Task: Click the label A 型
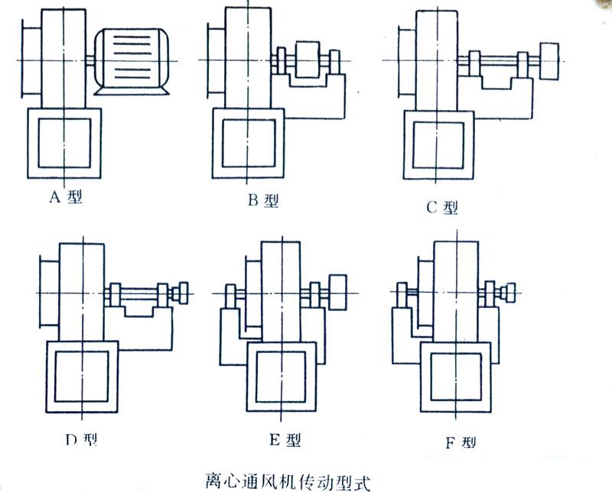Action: click(66, 197)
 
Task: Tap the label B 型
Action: click(262, 201)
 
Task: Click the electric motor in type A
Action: click(132, 62)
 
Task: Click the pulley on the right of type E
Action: click(338, 291)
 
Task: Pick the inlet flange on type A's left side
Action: click(28, 61)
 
